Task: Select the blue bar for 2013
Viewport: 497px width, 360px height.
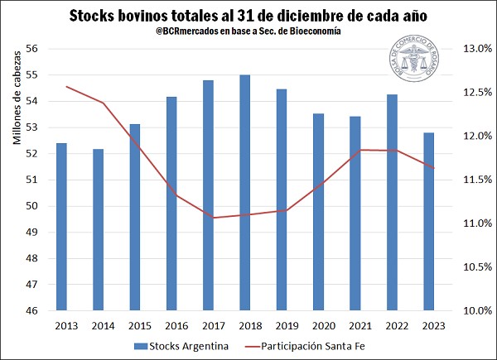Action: (x=61, y=227)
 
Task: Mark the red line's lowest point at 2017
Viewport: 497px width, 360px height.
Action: (x=213, y=218)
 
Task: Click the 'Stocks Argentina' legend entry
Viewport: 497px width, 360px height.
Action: (x=181, y=346)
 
